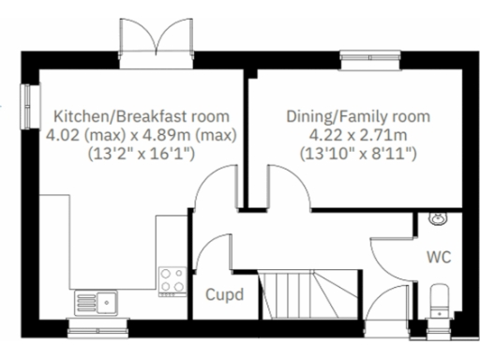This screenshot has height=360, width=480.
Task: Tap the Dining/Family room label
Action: coord(357,117)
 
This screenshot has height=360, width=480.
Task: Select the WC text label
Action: coord(439,256)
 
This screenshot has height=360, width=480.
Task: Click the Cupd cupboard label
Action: coord(224,294)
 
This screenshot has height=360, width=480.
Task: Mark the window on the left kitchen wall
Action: coord(26,99)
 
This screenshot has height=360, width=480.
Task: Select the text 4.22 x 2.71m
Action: coord(357,134)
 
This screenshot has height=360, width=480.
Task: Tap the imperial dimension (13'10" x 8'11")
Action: coord(358,151)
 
